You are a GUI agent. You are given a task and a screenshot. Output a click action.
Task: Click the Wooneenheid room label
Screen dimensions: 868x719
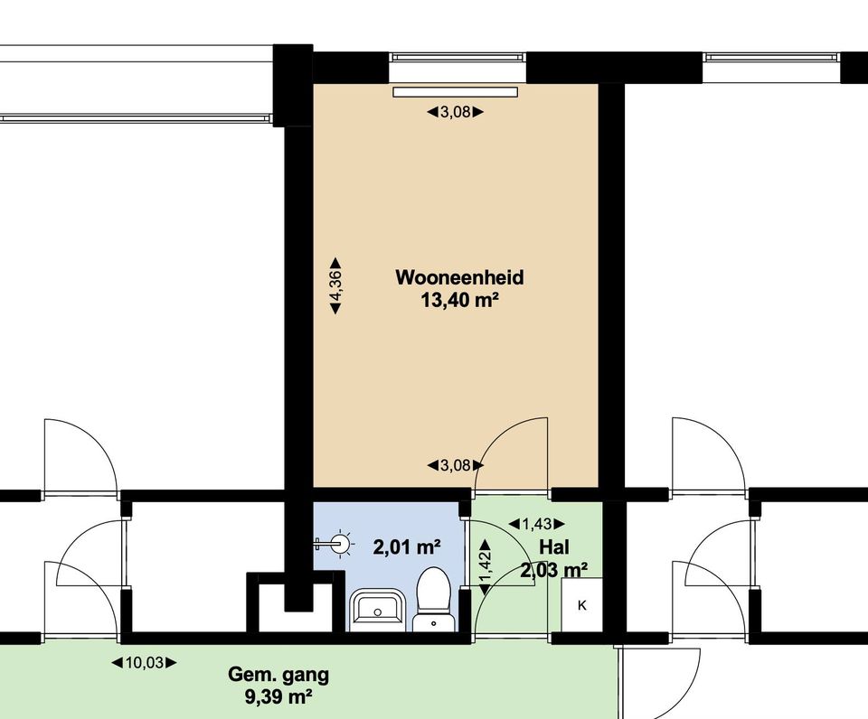click(x=459, y=277)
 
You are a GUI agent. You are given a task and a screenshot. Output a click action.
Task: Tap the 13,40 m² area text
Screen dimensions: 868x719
click(x=459, y=300)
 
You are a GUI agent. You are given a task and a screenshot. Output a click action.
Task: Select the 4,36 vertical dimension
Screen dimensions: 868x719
click(x=335, y=286)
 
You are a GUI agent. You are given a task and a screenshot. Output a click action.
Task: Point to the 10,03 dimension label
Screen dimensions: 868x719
click(x=144, y=662)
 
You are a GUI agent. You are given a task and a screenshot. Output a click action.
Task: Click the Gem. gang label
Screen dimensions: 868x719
click(x=278, y=676)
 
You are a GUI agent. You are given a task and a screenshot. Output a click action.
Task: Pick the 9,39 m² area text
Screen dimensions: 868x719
click(x=278, y=697)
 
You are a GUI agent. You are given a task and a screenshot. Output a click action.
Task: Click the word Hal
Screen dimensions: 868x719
click(x=554, y=547)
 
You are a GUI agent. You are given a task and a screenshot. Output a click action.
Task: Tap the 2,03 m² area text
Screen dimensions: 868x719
click(x=554, y=569)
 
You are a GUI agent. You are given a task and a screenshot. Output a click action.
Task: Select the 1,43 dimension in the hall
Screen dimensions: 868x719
click(x=536, y=523)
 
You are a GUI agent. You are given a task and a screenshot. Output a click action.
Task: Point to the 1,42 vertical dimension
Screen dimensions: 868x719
click(x=485, y=567)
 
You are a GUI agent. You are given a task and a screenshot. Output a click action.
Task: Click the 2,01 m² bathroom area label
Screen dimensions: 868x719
click(x=407, y=547)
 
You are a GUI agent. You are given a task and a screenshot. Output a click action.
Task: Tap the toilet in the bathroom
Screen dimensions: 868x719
click(x=433, y=599)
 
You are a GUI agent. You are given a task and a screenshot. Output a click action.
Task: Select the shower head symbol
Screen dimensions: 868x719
click(x=336, y=543)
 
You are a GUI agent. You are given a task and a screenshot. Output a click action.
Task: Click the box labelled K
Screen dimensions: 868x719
click(x=581, y=605)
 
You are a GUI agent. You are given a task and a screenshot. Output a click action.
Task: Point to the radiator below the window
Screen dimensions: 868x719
click(x=455, y=92)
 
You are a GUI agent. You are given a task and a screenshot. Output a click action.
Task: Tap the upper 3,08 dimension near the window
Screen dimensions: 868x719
click(x=455, y=112)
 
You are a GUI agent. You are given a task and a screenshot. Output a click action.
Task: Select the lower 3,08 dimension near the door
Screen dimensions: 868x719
click(x=455, y=466)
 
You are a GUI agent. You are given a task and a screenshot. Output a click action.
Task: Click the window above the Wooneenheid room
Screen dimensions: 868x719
click(x=456, y=57)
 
